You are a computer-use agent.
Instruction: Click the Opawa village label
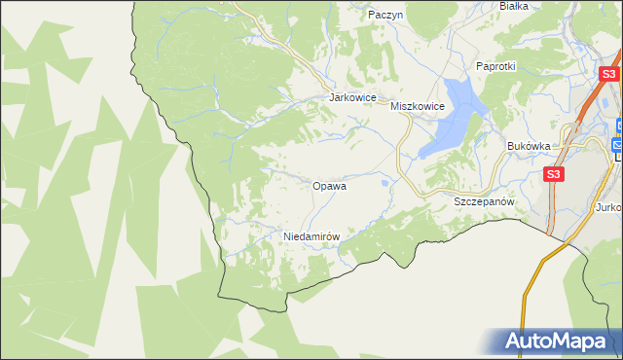(329, 185)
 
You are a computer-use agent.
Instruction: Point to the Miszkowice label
(417, 106)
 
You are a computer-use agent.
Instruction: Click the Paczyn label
(385, 15)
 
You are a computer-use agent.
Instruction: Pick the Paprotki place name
(495, 66)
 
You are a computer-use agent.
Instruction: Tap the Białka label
(513, 5)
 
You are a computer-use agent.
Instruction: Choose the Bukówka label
(529, 145)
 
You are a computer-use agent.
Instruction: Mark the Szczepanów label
(484, 200)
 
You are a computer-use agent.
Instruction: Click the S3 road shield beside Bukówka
(553, 174)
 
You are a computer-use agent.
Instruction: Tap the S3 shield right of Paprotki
(608, 73)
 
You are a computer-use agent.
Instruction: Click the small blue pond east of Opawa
(387, 182)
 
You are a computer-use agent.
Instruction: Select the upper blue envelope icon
(619, 125)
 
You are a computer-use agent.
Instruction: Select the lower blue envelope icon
(618, 145)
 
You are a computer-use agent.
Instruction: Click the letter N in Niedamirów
(286, 236)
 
